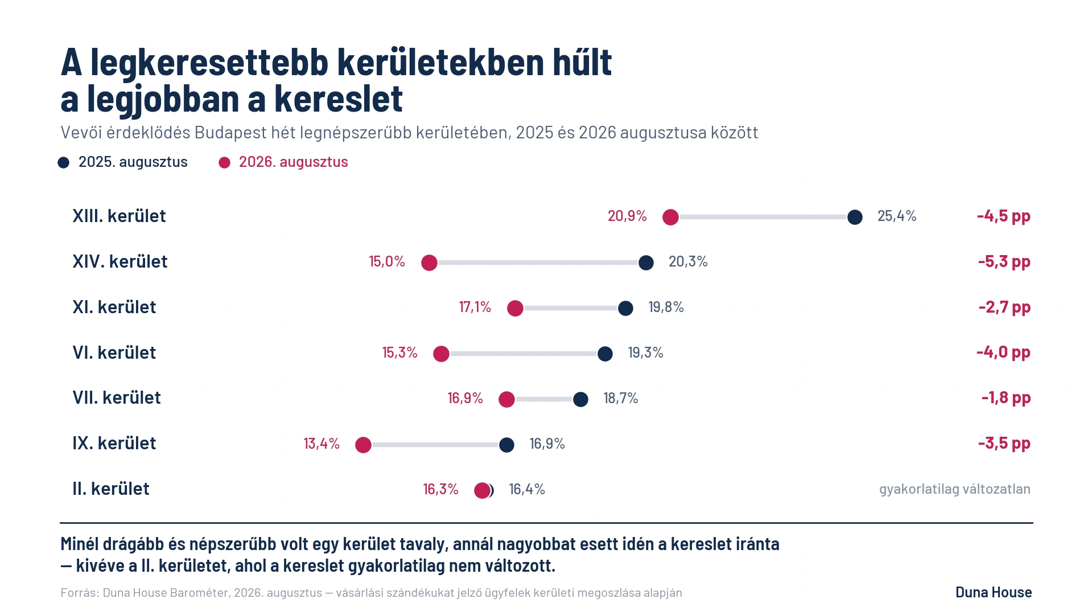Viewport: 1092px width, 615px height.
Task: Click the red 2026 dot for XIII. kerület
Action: pos(670,217)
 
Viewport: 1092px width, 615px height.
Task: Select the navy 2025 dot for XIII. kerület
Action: pos(855,217)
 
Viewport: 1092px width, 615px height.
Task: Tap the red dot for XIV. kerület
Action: pos(429,263)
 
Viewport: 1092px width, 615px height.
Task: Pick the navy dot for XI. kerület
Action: pos(625,308)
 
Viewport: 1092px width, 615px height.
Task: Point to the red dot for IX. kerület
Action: pos(363,445)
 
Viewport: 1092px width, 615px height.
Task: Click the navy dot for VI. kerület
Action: pos(605,354)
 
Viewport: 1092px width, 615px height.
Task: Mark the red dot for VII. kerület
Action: pos(506,399)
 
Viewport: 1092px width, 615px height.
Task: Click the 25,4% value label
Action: pos(897,216)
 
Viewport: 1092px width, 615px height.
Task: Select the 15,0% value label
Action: pos(387,261)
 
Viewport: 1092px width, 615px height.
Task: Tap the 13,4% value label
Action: pos(322,444)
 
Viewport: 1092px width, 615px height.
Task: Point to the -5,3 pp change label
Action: pos(1004,261)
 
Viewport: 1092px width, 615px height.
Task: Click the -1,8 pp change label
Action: pos(1006,397)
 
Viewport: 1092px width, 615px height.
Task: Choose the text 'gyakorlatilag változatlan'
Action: pos(955,489)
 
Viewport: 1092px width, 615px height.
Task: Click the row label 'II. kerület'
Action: pos(111,489)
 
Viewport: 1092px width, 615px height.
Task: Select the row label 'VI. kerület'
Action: pos(114,352)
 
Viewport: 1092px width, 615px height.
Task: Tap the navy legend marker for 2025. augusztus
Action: pos(64,163)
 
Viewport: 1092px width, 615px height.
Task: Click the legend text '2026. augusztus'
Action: pos(294,162)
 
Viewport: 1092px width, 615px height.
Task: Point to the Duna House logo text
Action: pos(994,592)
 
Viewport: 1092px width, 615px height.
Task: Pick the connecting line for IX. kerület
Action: pos(435,445)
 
